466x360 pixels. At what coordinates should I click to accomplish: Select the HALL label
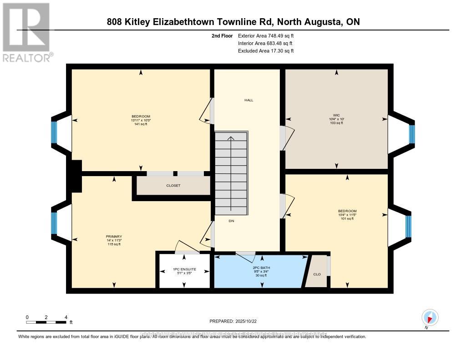click(x=248, y=100)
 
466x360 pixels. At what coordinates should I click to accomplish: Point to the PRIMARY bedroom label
click(x=113, y=237)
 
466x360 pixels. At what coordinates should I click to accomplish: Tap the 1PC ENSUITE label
click(x=184, y=269)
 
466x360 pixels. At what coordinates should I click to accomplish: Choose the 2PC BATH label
click(x=262, y=268)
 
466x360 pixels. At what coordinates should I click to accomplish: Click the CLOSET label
click(x=173, y=186)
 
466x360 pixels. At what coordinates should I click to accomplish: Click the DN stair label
click(x=232, y=221)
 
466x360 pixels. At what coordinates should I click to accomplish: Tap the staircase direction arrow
click(x=231, y=173)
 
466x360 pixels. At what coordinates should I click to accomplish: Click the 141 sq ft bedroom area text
click(x=141, y=124)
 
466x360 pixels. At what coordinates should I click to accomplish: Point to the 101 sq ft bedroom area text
click(x=347, y=218)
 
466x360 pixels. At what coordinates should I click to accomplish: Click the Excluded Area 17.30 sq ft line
click(x=266, y=51)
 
